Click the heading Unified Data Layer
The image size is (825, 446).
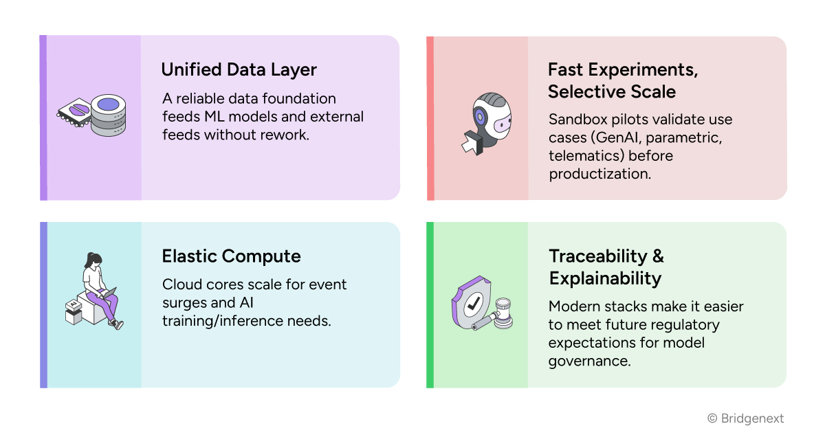point(239,69)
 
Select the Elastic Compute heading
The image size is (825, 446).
point(231,256)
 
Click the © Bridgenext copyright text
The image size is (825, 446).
point(745,419)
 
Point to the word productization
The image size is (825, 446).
point(599,174)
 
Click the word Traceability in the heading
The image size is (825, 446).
point(597,256)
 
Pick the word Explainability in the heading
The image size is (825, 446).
point(604,278)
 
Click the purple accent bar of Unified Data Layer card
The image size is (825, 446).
point(43,118)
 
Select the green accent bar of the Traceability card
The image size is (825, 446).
point(430,304)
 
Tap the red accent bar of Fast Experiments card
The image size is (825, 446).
point(430,118)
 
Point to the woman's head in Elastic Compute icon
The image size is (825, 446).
point(94,260)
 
